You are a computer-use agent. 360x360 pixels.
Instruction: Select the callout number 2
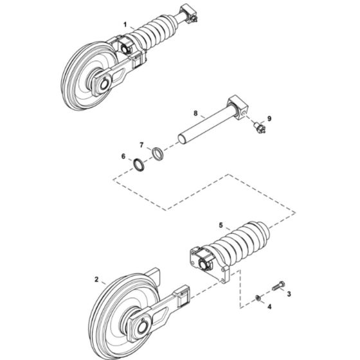(x=96, y=280)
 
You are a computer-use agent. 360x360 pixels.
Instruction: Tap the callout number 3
(x=289, y=293)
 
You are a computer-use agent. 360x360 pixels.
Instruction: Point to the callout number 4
(x=269, y=307)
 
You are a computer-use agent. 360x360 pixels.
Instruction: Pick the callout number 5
(x=221, y=226)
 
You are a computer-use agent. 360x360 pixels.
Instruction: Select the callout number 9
(x=269, y=118)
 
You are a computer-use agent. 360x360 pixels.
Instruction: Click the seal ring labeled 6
(x=138, y=163)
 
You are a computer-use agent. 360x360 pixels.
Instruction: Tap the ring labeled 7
(x=157, y=154)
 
